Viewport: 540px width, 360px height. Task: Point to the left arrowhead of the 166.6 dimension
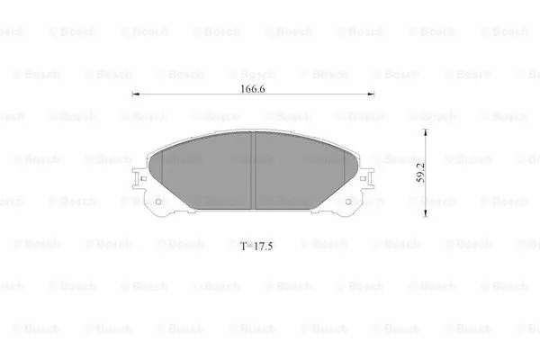click(x=136, y=94)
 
